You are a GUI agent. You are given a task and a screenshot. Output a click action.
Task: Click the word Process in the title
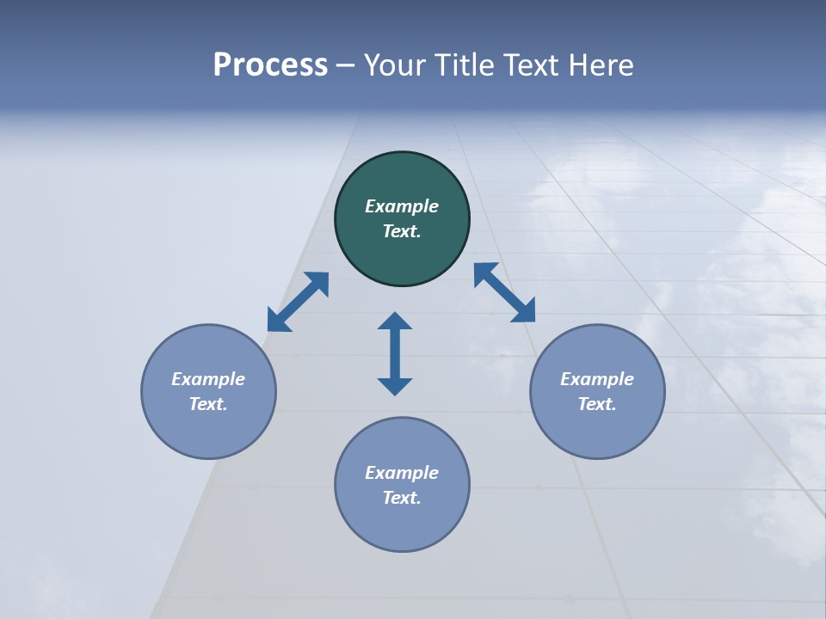(270, 65)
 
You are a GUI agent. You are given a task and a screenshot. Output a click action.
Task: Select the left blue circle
(208, 430)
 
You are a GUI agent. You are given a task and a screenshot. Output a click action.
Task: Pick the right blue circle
(597, 430)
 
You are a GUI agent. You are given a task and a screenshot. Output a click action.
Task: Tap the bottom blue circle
(402, 524)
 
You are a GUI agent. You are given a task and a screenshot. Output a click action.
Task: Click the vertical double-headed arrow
(395, 353)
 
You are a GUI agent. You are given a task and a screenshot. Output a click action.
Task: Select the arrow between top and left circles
(298, 302)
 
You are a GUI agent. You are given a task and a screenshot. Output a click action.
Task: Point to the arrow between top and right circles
(504, 293)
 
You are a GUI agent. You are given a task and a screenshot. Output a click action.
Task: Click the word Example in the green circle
(402, 206)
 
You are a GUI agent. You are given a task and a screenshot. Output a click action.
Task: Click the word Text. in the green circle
(402, 231)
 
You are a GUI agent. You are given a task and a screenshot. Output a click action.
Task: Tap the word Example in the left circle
(208, 379)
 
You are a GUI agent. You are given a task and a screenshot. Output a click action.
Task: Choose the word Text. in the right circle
(597, 404)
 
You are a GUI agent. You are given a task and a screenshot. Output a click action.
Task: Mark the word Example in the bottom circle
(402, 473)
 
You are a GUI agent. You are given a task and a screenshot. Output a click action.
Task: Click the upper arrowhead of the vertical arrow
(395, 322)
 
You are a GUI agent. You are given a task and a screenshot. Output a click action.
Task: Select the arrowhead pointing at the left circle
(278, 321)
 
